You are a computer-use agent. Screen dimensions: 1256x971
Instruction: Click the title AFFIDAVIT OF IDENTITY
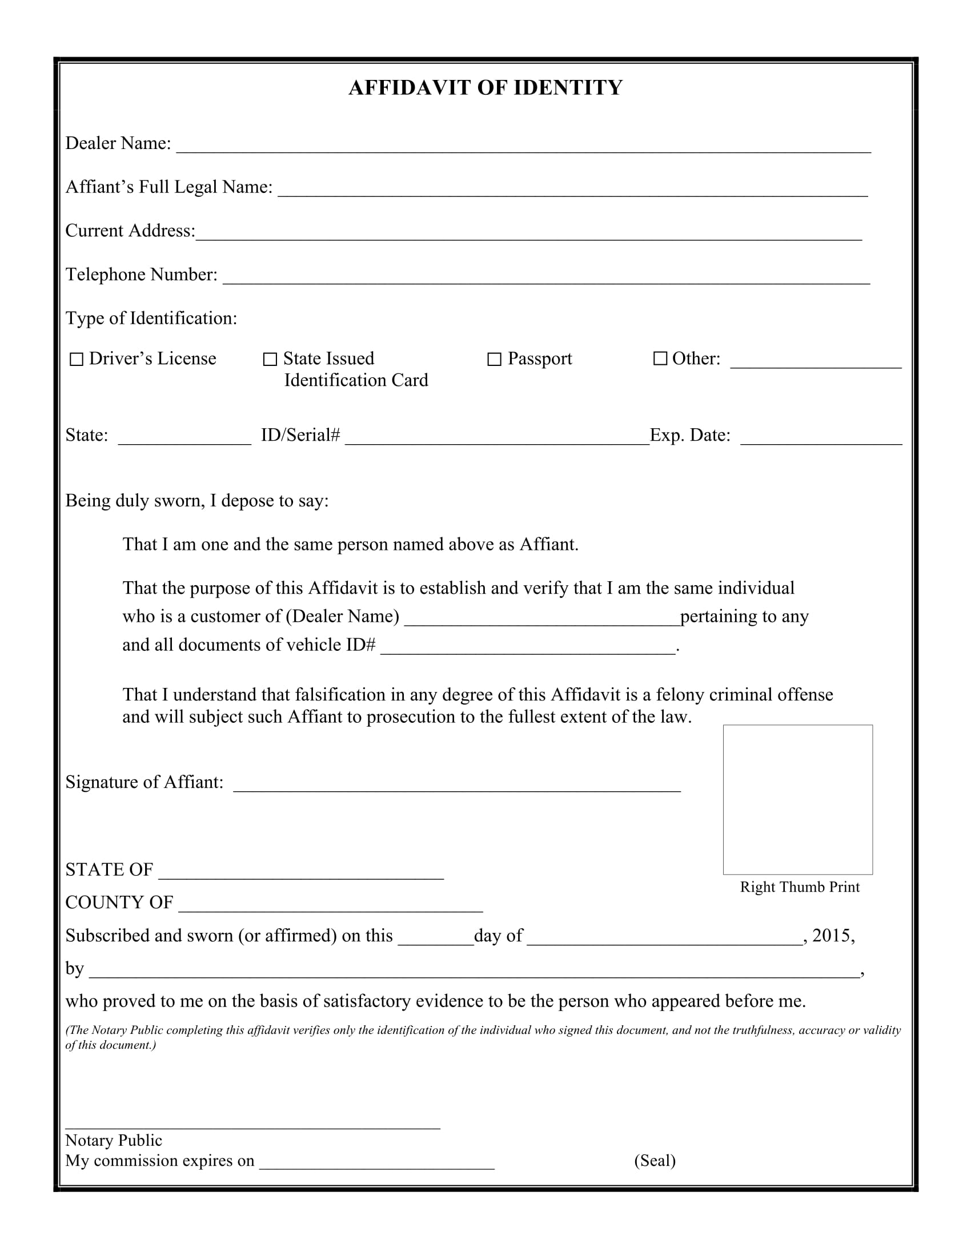click(x=485, y=88)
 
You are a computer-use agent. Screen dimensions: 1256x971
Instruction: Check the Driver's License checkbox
click(x=76, y=360)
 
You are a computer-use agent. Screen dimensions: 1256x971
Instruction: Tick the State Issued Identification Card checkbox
click(x=269, y=360)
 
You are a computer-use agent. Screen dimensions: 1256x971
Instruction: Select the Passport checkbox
click(x=494, y=360)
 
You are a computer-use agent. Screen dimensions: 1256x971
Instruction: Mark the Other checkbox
click(x=660, y=359)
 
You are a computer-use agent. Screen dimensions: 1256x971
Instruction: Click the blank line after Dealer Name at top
click(x=523, y=148)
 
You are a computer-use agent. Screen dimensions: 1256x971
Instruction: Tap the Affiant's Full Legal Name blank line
click(x=572, y=191)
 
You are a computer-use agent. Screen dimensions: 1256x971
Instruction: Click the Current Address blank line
click(x=528, y=235)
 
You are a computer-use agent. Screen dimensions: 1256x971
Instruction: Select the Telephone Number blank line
click(x=546, y=279)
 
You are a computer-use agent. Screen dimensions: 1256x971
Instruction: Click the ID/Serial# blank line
click(x=497, y=440)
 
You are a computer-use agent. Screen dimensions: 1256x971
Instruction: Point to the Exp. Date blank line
click(x=821, y=440)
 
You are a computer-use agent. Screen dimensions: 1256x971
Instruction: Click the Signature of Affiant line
click(x=456, y=787)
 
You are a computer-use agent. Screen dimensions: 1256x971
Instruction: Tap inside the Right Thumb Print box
click(x=797, y=799)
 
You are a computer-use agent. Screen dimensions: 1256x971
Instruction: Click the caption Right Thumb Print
click(x=800, y=887)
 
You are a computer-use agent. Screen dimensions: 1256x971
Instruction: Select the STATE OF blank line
click(x=301, y=874)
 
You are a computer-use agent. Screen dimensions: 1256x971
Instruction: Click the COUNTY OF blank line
click(x=330, y=907)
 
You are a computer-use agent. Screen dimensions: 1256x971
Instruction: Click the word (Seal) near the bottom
click(x=655, y=1161)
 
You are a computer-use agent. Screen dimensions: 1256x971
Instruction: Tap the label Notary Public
click(x=113, y=1141)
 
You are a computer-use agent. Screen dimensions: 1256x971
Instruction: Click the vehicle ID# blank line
click(x=528, y=649)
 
